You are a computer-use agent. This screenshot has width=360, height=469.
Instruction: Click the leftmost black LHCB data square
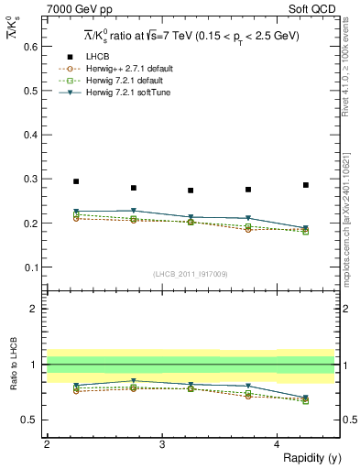point(76,181)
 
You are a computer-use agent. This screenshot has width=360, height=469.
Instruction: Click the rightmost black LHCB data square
point(306,185)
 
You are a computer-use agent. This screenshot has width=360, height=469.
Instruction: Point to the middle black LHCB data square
point(191,191)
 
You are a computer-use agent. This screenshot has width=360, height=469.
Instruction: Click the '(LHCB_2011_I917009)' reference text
point(191,274)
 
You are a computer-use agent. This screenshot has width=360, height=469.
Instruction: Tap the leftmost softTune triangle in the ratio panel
point(76,386)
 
